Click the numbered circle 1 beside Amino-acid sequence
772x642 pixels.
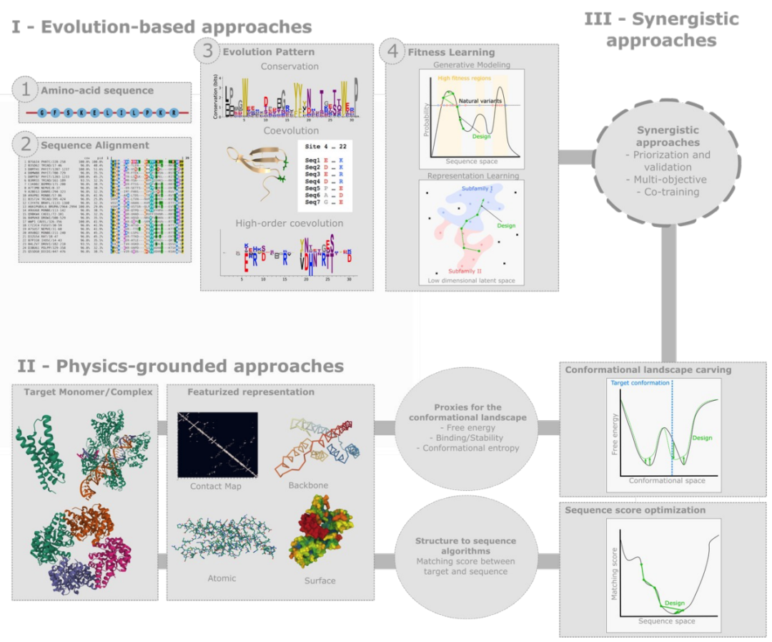(26, 91)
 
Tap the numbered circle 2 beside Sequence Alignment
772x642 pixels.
(26, 145)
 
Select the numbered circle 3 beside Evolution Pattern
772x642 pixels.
(207, 51)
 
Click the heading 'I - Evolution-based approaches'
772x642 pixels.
(162, 27)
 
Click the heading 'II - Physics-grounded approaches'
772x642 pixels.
(180, 366)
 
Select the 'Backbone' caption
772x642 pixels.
(308, 485)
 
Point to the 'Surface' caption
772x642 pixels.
(320, 580)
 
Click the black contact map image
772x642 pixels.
(217, 444)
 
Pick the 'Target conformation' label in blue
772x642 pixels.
(640, 383)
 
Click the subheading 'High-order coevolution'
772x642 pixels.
(291, 223)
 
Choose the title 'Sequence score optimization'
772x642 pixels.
(634, 510)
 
